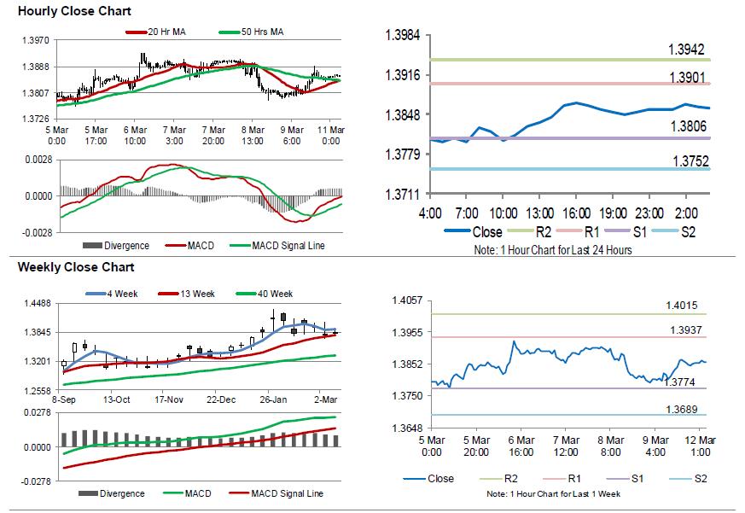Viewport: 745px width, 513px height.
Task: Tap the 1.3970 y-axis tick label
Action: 33,40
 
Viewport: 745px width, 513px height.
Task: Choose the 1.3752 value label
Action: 687,160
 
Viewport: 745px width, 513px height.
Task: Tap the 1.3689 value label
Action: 682,410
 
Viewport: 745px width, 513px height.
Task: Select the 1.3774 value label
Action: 679,382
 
